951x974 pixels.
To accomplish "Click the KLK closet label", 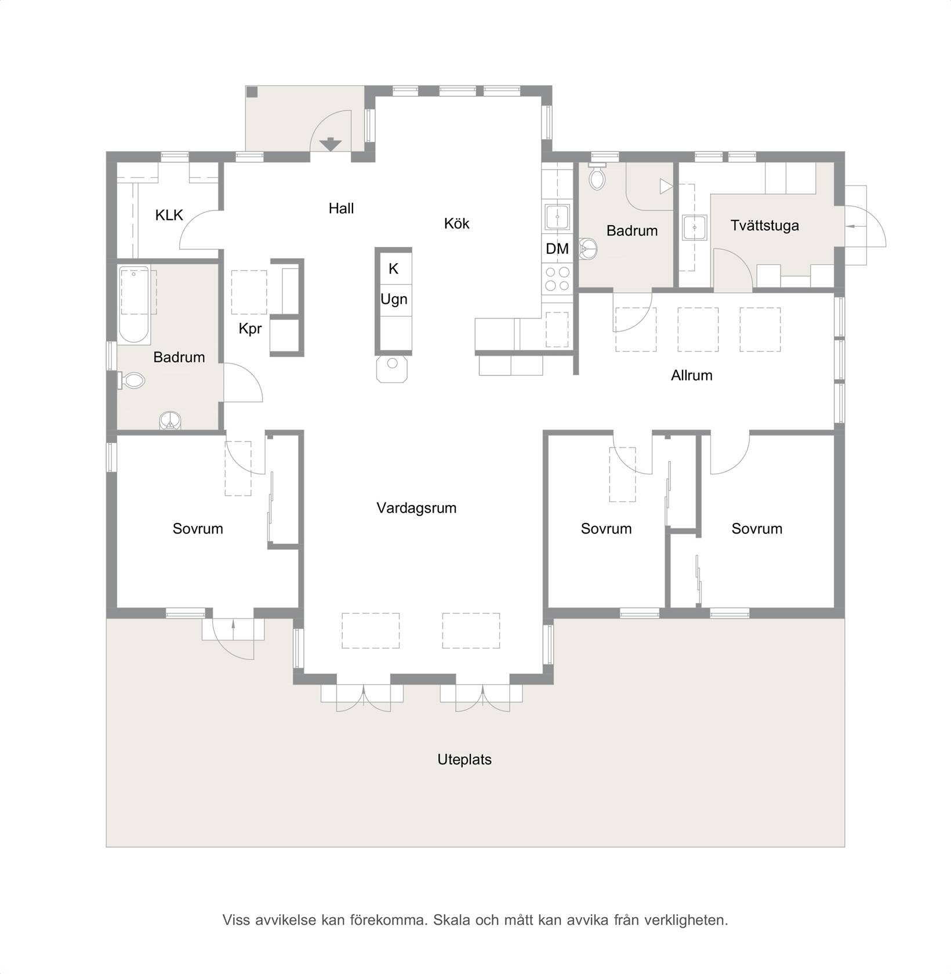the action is pos(169,215).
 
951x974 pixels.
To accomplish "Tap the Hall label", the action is pos(341,208).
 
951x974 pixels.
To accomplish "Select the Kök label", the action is pos(456,223).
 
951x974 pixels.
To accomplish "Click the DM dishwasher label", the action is pos(557,249).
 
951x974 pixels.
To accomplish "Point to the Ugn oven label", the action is pos(394,299).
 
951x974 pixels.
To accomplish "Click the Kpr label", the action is pos(250,329).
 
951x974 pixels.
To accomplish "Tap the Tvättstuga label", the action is pos(764,226).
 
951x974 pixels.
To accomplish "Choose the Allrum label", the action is pos(691,375).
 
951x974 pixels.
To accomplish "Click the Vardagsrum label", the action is pos(416,508).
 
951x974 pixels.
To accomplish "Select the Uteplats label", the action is pos(464,759).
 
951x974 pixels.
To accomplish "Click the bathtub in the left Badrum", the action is pos(134,304).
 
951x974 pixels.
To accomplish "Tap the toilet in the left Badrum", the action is pos(132,381).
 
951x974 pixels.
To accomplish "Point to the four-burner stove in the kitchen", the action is pos(557,278).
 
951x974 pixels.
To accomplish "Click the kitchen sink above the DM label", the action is pos(557,217).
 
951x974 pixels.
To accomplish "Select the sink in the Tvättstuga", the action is pos(694,227).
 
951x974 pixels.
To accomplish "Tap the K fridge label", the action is pos(393,269).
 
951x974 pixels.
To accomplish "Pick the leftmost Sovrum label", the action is pos(198,529).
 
